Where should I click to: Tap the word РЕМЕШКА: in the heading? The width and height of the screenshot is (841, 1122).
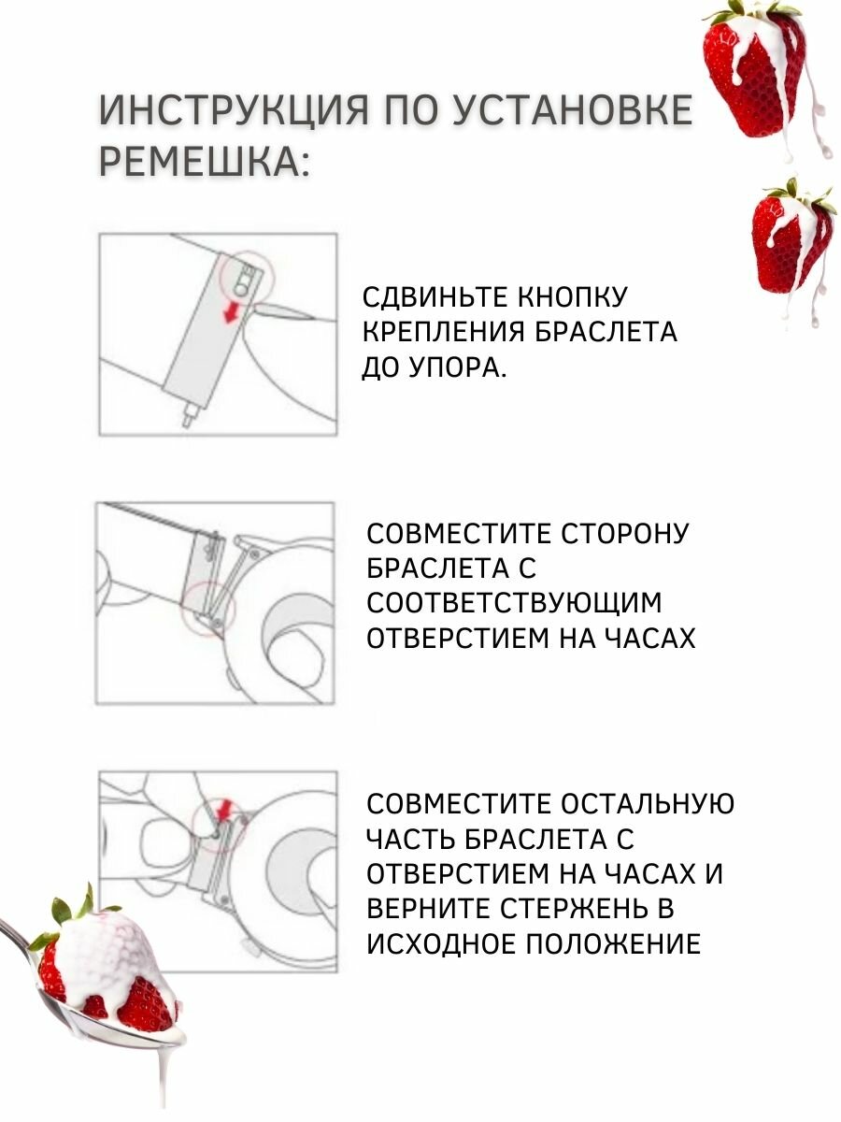[x=203, y=162]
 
